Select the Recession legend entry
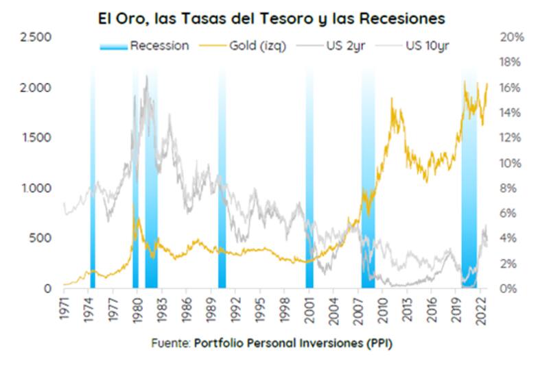coord(144,47)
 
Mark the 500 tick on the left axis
coord(43,238)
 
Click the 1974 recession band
coord(93,205)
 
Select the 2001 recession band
coord(309,205)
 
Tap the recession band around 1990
coord(222,205)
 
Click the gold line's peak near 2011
coord(392,99)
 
